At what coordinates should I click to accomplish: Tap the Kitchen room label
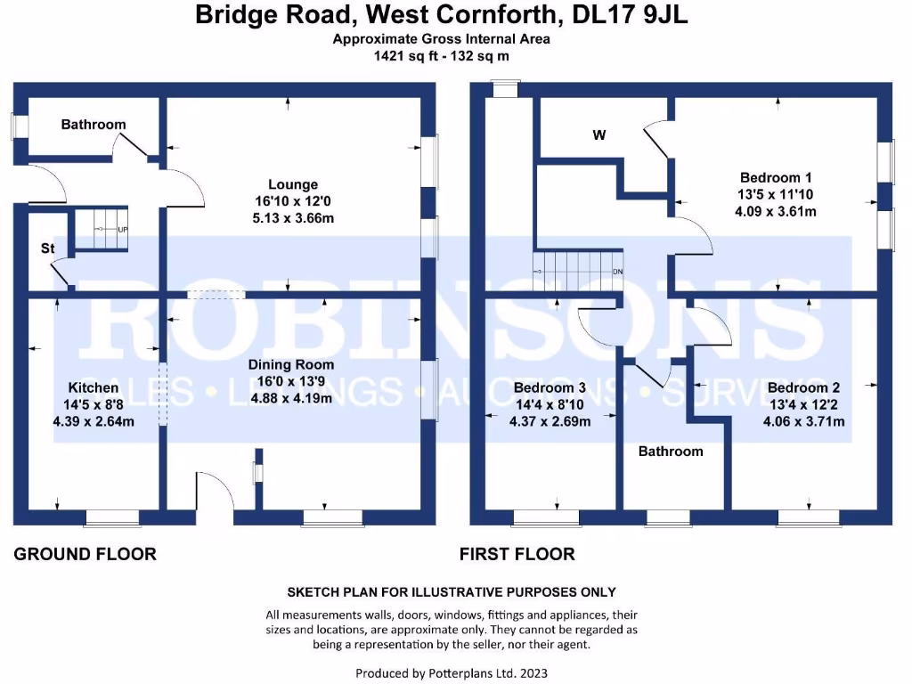[x=94, y=387]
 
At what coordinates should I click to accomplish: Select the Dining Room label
[x=291, y=364]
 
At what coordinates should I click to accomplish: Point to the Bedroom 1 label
[x=776, y=176]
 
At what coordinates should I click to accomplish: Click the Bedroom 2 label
[x=803, y=387]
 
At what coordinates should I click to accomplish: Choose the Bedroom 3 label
[x=550, y=387]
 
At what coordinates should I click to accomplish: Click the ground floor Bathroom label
[x=94, y=125]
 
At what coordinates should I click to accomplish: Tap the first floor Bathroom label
[x=671, y=452]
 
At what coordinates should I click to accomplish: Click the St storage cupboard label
[x=47, y=248]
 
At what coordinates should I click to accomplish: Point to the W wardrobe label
[x=599, y=135]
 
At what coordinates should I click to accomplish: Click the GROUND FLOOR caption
[x=85, y=554]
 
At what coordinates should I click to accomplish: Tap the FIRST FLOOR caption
[x=517, y=554]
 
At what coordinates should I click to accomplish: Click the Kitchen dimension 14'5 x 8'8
[x=94, y=404]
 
